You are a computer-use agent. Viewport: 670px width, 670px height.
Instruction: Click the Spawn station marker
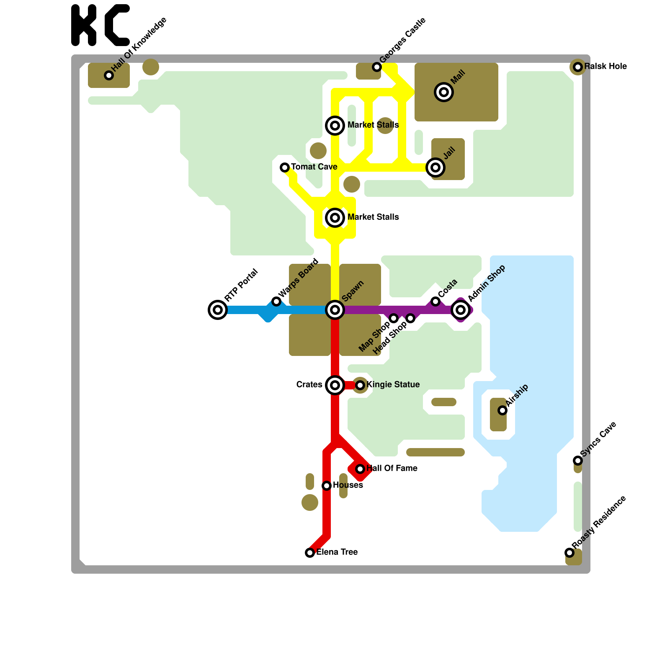[335, 310]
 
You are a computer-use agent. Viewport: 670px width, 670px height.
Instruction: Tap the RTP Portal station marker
[218, 310]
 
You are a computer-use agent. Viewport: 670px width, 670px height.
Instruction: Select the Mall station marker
[444, 92]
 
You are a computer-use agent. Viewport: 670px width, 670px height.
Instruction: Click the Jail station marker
[435, 167]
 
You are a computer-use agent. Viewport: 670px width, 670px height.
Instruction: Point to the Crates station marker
[335, 385]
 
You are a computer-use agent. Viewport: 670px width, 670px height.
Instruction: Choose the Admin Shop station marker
[461, 310]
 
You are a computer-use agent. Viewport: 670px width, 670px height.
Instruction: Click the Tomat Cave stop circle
[285, 167]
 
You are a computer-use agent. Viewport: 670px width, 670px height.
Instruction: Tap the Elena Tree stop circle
[310, 553]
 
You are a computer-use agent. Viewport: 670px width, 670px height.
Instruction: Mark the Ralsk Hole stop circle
[578, 67]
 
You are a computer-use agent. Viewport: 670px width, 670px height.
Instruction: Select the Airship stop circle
[502, 410]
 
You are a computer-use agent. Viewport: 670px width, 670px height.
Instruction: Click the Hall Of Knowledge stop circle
[109, 75]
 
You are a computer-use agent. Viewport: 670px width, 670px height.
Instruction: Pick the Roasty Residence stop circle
[569, 553]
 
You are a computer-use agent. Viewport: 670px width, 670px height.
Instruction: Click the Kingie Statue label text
[393, 384]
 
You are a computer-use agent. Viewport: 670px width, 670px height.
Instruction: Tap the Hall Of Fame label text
[392, 468]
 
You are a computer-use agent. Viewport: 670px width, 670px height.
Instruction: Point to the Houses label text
[348, 485]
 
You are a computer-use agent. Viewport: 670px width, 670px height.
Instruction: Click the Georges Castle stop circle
[377, 67]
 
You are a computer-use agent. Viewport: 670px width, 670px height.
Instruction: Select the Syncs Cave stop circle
[578, 461]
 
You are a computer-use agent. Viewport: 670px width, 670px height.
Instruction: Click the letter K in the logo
[84, 25]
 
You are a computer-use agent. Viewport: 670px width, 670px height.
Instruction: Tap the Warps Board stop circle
[276, 301]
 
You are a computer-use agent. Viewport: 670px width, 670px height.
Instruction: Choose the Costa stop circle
[435, 301]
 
